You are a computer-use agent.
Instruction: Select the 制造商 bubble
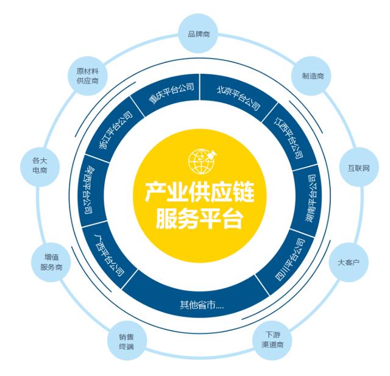click(313, 77)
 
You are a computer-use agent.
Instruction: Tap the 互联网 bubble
click(359, 167)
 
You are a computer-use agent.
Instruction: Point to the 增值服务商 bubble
click(51, 262)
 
